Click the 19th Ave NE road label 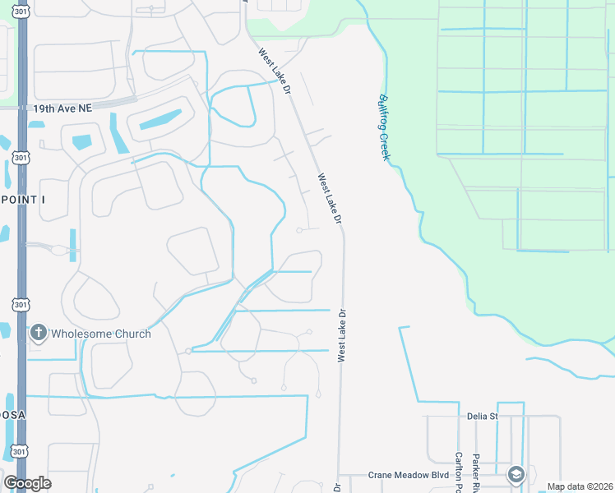[x=62, y=108]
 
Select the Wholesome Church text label [x=101, y=334]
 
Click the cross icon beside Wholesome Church [x=37, y=334]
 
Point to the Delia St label [x=483, y=417]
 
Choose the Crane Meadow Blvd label [x=409, y=475]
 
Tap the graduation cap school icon [x=516, y=474]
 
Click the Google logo [x=27, y=483]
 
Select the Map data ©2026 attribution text [x=580, y=486]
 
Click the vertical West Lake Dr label [x=340, y=335]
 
